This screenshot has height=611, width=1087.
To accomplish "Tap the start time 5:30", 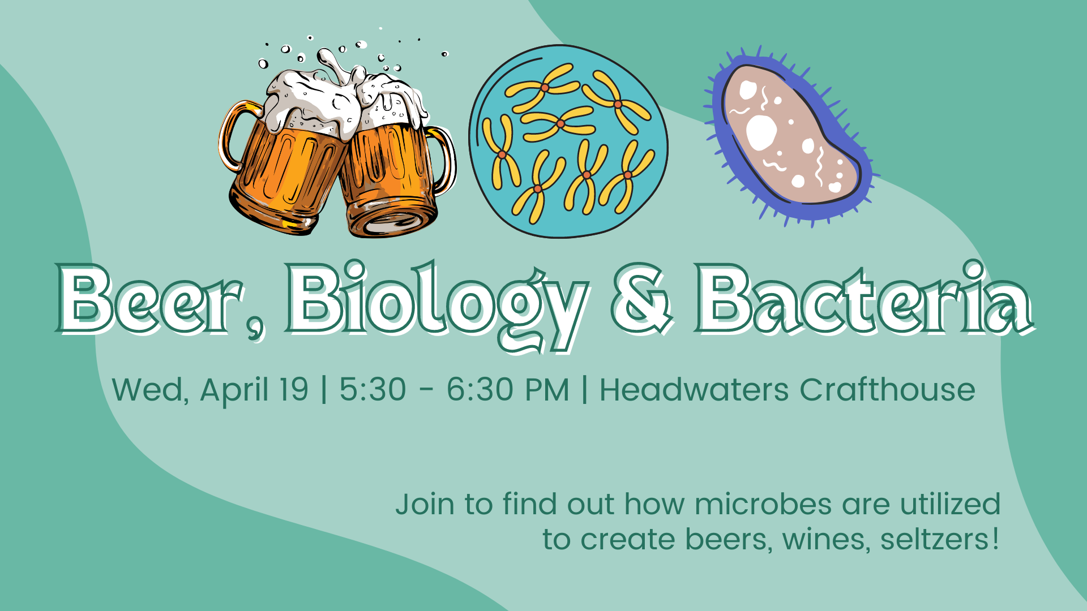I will click(373, 390).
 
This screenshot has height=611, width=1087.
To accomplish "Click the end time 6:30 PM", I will click(507, 390).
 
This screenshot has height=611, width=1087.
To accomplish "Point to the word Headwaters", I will click(694, 390).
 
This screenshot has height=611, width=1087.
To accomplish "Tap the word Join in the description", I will click(425, 504).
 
